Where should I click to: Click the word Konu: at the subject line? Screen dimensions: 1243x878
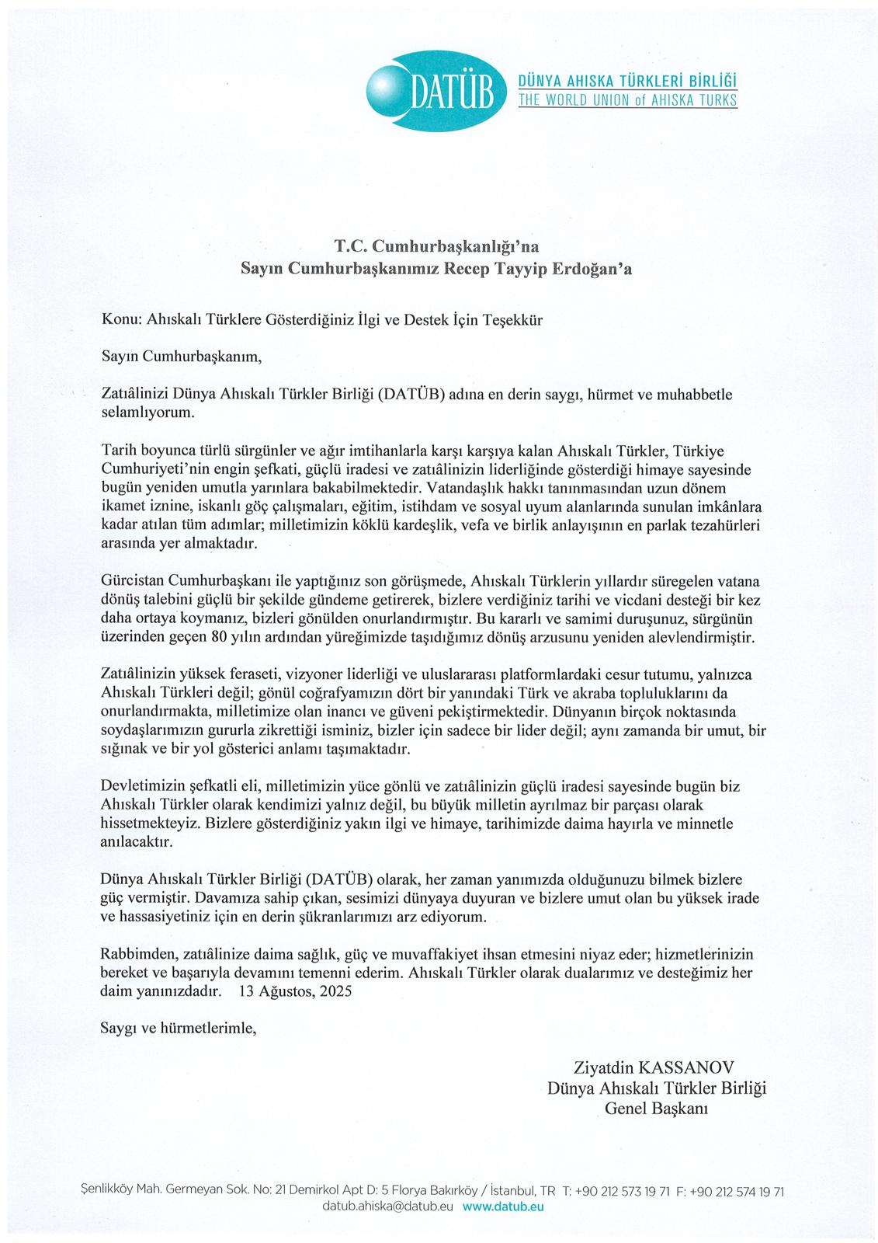pyautogui.click(x=121, y=320)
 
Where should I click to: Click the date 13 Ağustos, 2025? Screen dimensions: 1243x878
pyautogui.click(x=295, y=991)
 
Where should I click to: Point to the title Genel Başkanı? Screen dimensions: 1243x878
pyautogui.click(x=656, y=1108)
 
